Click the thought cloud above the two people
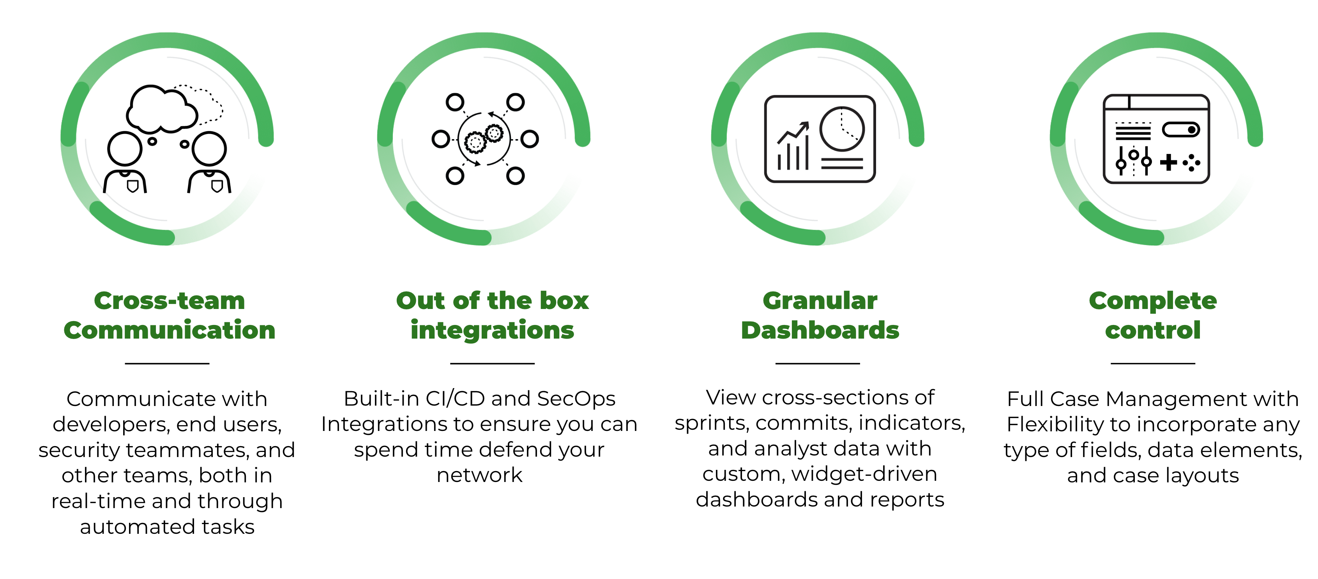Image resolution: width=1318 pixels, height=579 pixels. pyautogui.click(x=161, y=108)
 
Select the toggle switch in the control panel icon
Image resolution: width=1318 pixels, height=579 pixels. pyautogui.click(x=1181, y=129)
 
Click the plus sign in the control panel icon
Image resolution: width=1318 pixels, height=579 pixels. pyautogui.click(x=1169, y=162)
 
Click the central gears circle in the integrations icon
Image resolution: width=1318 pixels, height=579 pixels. pyautogui.click(x=484, y=139)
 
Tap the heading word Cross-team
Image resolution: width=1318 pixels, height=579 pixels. pyautogui.click(x=170, y=301)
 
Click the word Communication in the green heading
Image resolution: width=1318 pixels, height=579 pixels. pyautogui.click(x=170, y=330)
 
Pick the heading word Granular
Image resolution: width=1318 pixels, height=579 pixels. pyautogui.click(x=820, y=301)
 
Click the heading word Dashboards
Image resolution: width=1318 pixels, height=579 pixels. pyautogui.click(x=820, y=330)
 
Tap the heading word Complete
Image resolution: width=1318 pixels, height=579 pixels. pyautogui.click(x=1153, y=301)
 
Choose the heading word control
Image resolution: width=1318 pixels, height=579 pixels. pyautogui.click(x=1153, y=330)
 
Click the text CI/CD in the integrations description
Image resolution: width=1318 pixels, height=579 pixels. pyautogui.click(x=453, y=399)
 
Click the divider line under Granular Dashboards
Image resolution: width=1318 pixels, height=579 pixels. pyautogui.click(x=818, y=364)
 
